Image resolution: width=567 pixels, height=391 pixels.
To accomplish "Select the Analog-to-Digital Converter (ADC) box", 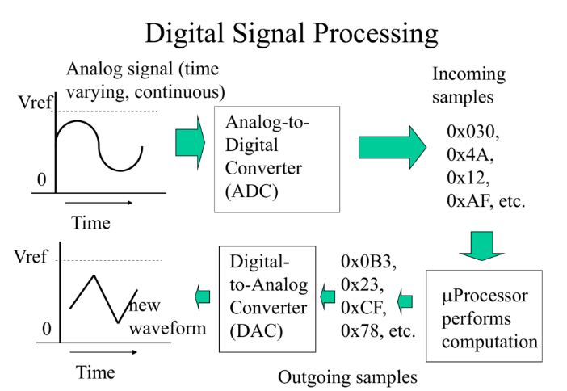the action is coord(277,159).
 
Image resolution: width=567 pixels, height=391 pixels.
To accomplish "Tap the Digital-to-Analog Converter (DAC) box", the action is coord(267,299).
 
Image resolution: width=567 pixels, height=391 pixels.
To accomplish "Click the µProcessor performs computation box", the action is coord(484,315).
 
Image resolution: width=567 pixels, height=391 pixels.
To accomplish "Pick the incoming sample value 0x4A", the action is coord(470,155).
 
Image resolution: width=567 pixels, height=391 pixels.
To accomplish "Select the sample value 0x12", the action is coord(468,178).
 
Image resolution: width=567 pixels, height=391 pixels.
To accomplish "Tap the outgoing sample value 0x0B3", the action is coord(368,262).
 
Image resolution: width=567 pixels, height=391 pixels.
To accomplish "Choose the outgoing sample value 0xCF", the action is coord(363,308).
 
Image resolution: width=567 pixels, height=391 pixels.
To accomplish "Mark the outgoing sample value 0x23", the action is coord(363,284).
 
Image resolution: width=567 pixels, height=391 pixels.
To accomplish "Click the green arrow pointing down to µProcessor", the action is coord(481,246).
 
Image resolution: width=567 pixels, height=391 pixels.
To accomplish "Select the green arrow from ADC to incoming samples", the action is coord(393,147).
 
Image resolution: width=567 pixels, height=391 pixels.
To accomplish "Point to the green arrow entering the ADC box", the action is coord(190,143).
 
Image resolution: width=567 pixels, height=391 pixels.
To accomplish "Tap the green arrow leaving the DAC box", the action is coord(203,296).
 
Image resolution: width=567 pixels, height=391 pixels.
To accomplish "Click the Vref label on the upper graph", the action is coord(35,103).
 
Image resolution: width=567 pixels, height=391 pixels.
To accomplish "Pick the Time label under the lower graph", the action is coord(95,372).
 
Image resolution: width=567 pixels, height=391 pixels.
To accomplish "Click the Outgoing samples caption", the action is coord(347,377).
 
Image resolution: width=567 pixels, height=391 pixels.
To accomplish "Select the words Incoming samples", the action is coord(468,86).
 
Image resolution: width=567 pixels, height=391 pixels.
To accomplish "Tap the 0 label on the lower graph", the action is coord(47,329).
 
